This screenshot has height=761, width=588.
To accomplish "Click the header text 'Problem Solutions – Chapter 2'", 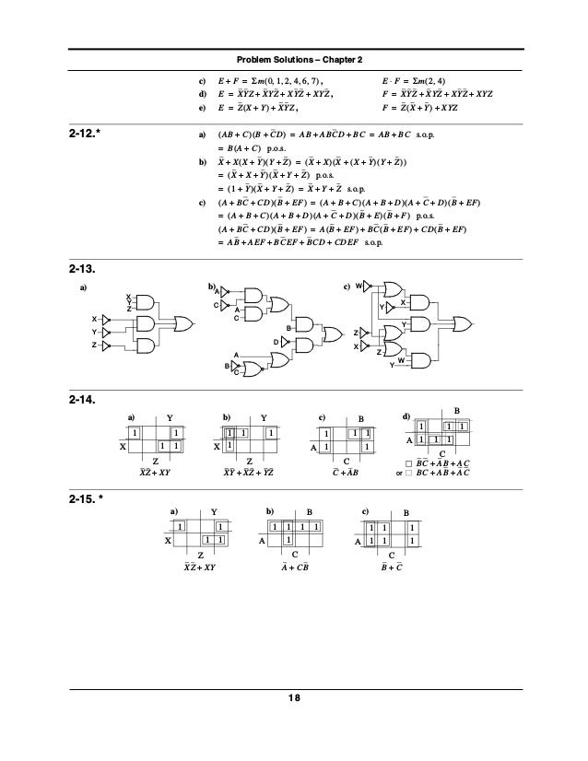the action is (x=294, y=60).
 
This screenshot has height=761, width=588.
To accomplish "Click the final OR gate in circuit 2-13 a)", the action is (x=183, y=324).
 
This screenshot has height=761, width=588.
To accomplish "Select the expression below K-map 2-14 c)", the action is (x=346, y=473).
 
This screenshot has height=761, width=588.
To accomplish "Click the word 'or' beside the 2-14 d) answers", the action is (x=398, y=474).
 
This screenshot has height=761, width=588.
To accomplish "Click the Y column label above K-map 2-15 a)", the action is (x=214, y=510).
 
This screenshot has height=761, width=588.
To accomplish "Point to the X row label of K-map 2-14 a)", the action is (x=122, y=446).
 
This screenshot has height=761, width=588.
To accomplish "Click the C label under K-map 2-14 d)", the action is (x=442, y=452).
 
